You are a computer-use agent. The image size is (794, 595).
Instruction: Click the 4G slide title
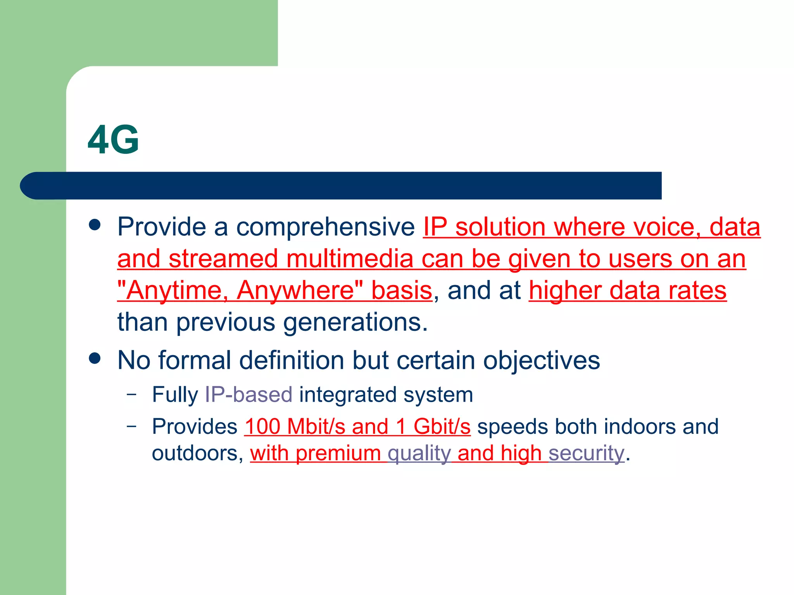click(113, 140)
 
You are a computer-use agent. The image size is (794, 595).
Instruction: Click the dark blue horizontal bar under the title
click(341, 186)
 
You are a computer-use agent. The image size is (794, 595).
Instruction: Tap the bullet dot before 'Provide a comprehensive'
click(95, 225)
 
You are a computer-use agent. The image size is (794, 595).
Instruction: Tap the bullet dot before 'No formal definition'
click(95, 358)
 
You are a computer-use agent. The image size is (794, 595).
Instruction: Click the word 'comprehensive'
click(325, 227)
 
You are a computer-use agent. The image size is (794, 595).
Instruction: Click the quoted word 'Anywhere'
click(295, 291)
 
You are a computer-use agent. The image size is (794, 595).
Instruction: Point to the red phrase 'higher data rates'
click(627, 291)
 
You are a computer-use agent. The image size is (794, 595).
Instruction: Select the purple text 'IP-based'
click(249, 395)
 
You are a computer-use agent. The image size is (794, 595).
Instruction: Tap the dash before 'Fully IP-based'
click(132, 394)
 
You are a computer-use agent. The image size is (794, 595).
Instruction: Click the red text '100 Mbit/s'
click(295, 426)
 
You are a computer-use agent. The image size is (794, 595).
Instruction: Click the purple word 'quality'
click(419, 453)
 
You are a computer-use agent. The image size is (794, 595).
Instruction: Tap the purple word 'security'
click(586, 453)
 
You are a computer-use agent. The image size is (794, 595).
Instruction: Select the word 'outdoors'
click(194, 453)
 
